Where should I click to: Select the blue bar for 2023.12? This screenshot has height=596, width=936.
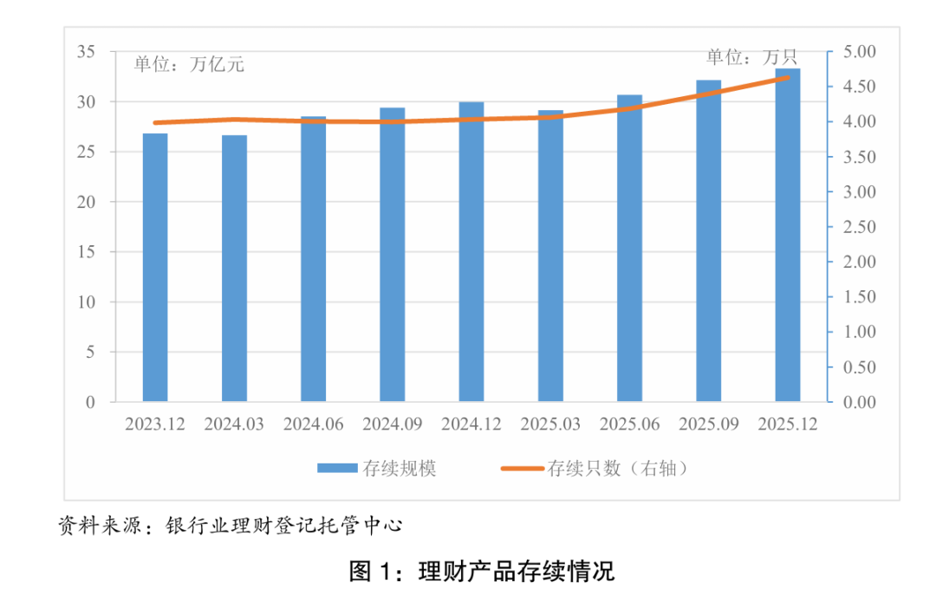pos(155,269)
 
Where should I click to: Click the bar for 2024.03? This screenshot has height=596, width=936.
pos(234,269)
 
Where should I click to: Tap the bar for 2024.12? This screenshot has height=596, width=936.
pos(471,253)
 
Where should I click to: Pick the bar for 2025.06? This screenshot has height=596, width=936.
pos(629,249)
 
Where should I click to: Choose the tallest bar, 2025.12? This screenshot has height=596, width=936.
pos(788,236)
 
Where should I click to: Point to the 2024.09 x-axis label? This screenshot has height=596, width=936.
pos(392,425)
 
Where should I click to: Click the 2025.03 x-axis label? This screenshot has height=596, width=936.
pos(550,425)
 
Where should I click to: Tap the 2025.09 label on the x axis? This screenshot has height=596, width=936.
pos(708,425)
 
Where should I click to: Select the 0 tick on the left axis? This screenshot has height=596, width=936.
pos(89,402)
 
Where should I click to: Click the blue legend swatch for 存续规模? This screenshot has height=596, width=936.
pos(337,469)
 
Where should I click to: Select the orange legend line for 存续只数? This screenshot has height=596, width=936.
pos(522,469)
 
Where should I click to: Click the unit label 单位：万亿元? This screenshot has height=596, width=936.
pos(189,64)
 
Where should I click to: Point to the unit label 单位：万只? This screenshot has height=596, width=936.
pos(751,58)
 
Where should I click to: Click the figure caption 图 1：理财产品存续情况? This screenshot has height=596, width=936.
pos(481,572)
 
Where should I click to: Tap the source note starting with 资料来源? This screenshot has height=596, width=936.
pos(231,525)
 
